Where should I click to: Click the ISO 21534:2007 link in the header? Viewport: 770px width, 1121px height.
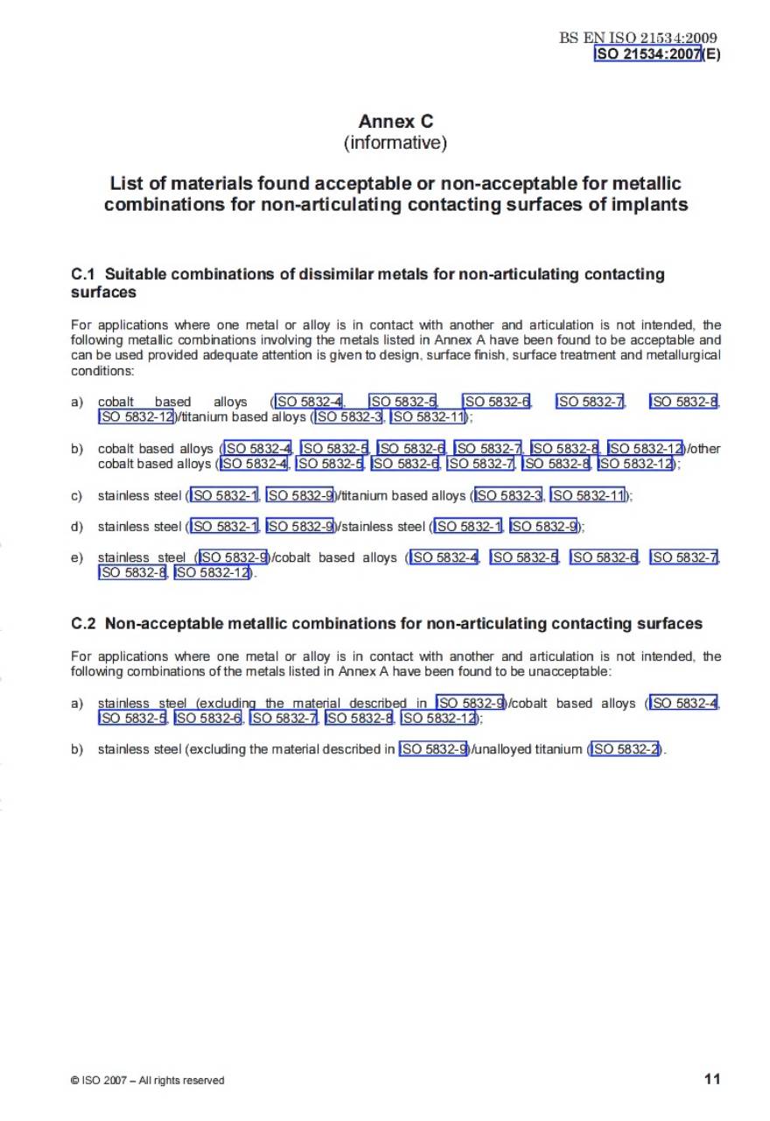(648, 53)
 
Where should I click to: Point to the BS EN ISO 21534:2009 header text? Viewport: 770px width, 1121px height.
(638, 39)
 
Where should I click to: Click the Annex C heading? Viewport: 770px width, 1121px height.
(395, 122)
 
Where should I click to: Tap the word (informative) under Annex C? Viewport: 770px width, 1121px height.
(395, 143)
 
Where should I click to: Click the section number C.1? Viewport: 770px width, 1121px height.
(83, 275)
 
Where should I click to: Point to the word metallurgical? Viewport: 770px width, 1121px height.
(677, 355)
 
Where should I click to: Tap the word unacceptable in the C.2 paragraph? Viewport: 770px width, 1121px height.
(569, 671)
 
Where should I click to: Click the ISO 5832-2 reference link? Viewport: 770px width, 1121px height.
(625, 749)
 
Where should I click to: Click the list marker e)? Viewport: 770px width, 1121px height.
(77, 557)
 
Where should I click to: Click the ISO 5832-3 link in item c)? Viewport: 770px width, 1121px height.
(509, 496)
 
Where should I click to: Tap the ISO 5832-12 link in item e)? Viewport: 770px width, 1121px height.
(212, 573)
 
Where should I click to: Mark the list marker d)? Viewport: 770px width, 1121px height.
(77, 527)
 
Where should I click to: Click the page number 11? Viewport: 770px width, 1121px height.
(712, 1079)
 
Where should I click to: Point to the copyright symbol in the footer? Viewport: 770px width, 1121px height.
(75, 1081)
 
